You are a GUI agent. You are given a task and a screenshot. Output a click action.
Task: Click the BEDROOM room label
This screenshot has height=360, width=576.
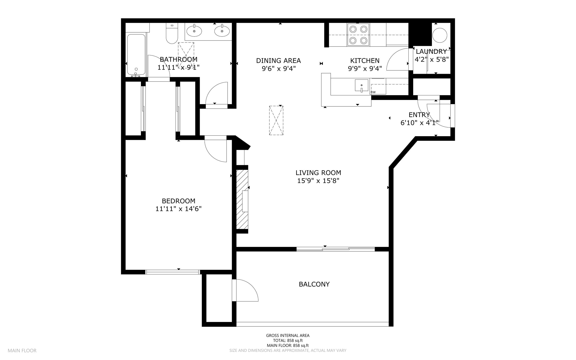click(178, 201)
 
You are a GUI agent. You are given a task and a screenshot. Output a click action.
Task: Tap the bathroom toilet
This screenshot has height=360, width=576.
click(172, 33)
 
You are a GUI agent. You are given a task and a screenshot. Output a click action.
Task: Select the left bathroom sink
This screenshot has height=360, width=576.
click(194, 31)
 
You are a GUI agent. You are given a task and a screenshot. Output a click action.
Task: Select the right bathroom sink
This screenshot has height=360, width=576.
click(222, 31)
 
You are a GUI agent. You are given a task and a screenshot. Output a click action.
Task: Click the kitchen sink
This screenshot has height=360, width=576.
click(361, 85)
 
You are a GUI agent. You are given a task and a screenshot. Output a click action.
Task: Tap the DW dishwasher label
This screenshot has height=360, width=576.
click(373, 92)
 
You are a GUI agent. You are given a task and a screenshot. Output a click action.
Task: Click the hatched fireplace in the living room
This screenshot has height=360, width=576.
click(242, 199)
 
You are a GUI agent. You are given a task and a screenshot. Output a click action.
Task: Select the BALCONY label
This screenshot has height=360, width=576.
click(314, 284)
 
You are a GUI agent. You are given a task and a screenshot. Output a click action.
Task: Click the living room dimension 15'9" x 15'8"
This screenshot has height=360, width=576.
click(318, 181)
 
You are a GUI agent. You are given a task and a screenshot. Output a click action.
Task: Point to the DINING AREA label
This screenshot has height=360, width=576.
click(278, 61)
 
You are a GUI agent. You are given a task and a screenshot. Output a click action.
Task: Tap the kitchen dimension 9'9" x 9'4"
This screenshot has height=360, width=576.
click(365, 68)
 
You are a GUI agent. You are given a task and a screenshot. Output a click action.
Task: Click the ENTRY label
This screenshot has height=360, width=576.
click(419, 115)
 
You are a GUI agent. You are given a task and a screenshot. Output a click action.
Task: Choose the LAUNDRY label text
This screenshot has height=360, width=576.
click(431, 52)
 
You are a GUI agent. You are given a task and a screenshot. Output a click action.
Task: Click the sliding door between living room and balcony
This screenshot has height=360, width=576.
click(336, 249)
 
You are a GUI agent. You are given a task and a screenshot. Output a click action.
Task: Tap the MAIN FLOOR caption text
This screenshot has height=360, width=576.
click(22, 351)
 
